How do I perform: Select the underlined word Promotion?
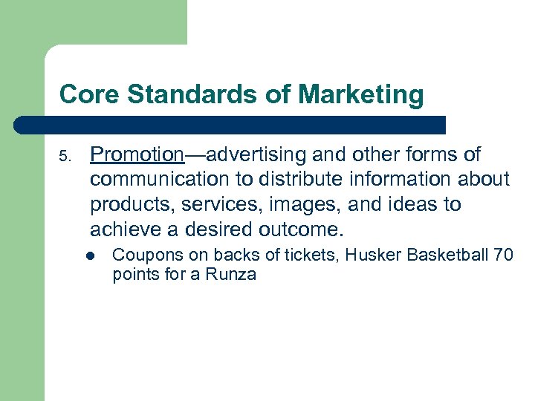click(137, 154)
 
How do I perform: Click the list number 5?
click(65, 156)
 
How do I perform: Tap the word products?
click(123, 203)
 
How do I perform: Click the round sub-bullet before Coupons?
click(89, 255)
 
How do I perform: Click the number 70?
click(502, 255)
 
